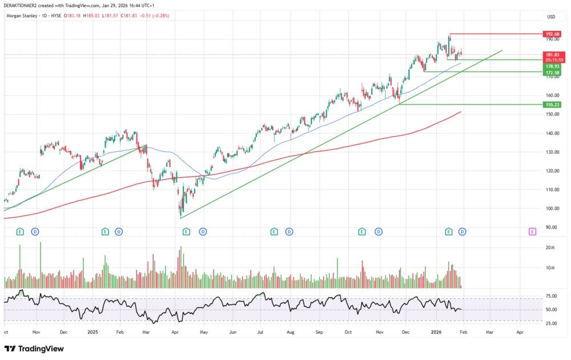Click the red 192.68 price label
[552, 34]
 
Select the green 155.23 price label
[552, 105]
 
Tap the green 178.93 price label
[552, 66]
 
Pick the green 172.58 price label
[552, 73]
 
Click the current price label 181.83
[552, 54]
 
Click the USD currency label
[551, 17]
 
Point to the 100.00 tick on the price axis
[551, 209]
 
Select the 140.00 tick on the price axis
[551, 133]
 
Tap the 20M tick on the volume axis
[550, 247]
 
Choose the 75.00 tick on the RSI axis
[551, 296]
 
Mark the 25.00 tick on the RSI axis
[551, 323]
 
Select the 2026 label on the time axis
[436, 331]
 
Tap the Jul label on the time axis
[261, 331]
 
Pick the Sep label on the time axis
[319, 331]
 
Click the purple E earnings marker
[532, 231]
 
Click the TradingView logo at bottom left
[34, 349]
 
